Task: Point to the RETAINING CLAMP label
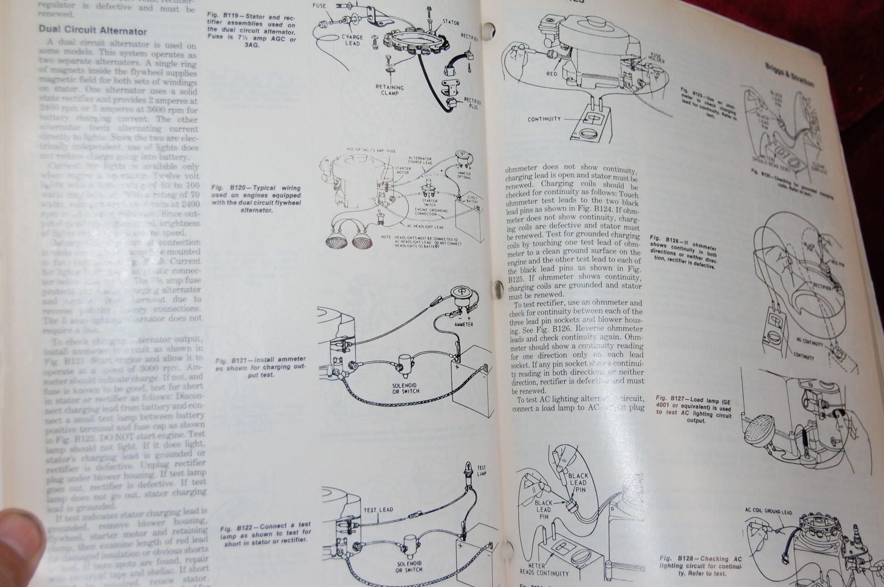(390, 90)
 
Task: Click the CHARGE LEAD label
(351, 40)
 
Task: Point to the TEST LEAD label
(378, 509)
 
